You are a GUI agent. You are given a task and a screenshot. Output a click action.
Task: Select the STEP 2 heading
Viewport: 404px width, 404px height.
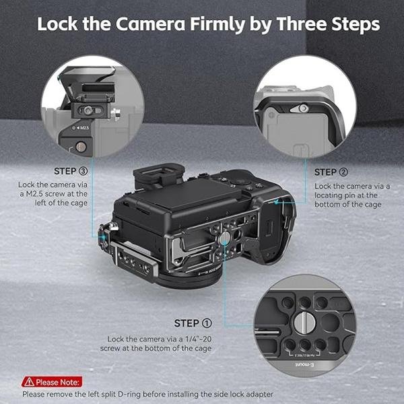(331, 172)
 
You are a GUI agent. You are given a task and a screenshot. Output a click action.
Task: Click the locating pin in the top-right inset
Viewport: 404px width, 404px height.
(304, 108)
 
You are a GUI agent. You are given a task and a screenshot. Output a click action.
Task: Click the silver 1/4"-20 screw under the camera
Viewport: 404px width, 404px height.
(224, 238)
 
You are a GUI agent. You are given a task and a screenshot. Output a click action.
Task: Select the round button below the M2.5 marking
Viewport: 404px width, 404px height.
(81, 145)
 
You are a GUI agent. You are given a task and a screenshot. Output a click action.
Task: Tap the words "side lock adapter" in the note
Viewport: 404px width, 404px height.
(245, 393)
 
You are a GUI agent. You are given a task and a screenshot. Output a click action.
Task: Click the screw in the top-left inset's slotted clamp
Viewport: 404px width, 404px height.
(88, 109)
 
